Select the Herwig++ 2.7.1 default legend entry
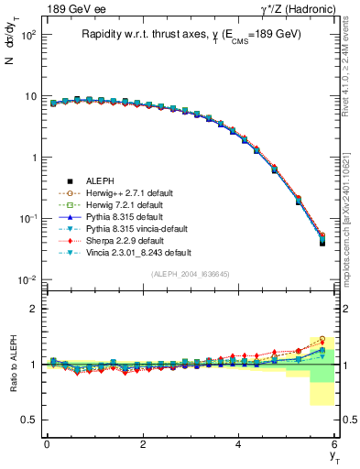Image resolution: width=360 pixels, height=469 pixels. click(128, 193)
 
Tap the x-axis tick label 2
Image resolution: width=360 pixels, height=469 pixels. click(143, 444)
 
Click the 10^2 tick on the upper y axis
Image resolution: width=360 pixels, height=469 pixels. click(27, 35)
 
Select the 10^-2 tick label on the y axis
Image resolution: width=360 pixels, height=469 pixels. click(27, 280)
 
